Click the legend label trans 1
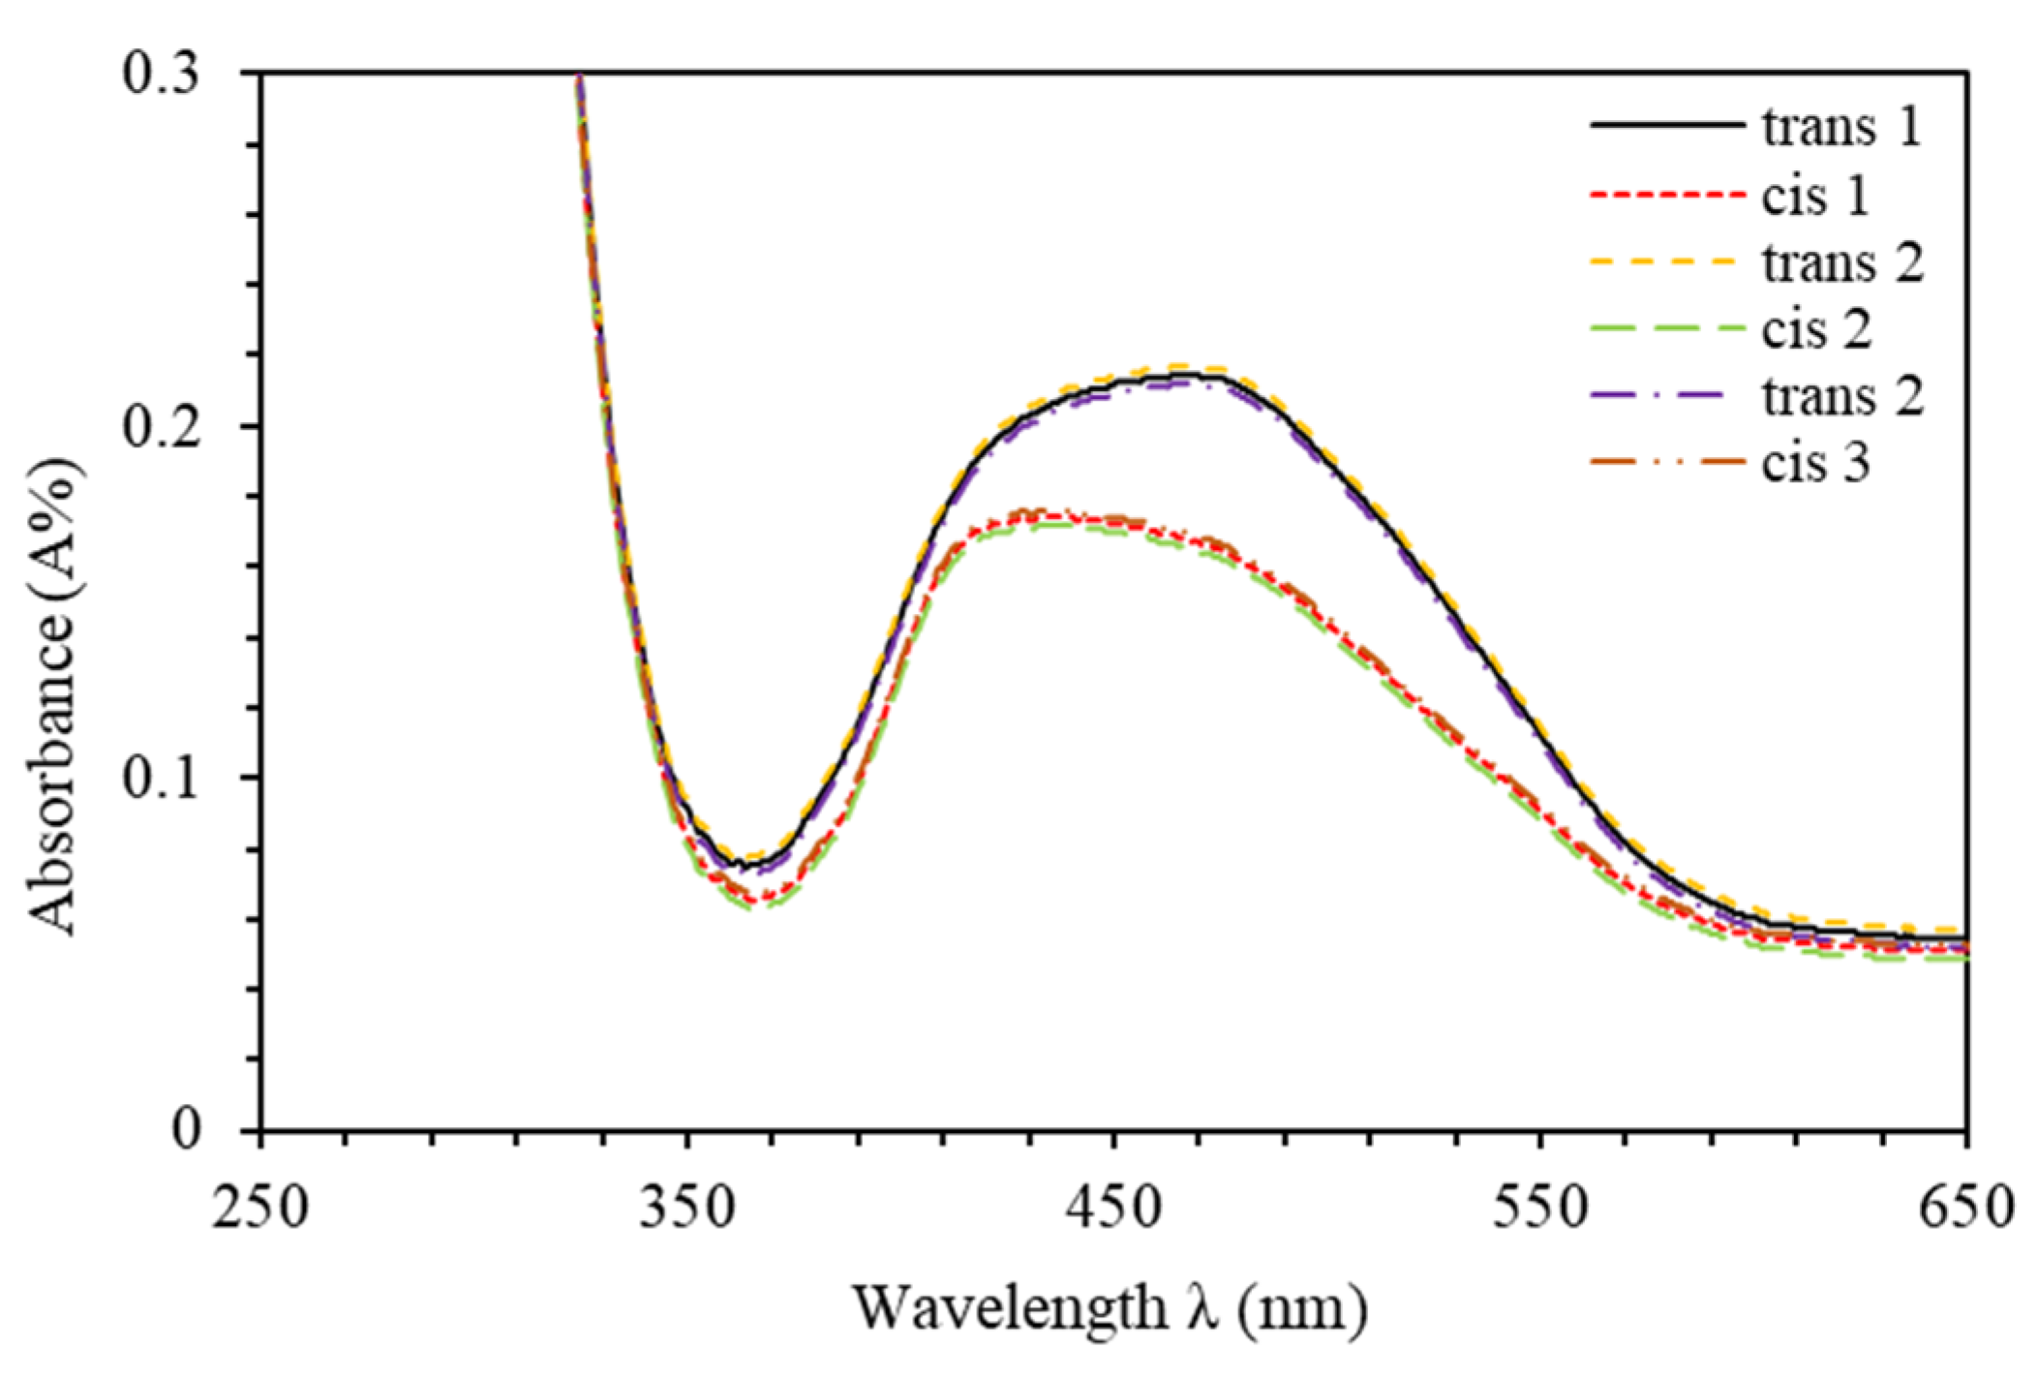[1841, 128]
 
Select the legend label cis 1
[1814, 196]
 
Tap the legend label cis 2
[1816, 329]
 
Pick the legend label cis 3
[1814, 463]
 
